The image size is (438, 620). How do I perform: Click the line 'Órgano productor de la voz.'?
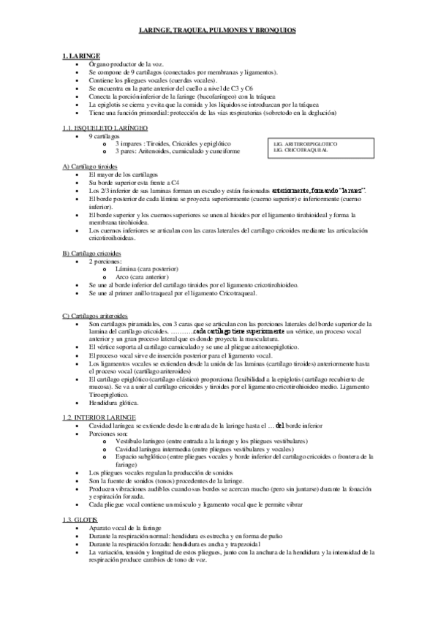click(123, 64)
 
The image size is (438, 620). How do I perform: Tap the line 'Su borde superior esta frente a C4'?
click(130, 183)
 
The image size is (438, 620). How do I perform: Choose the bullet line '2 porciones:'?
click(105, 261)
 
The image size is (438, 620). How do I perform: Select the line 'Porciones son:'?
click(108, 433)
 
